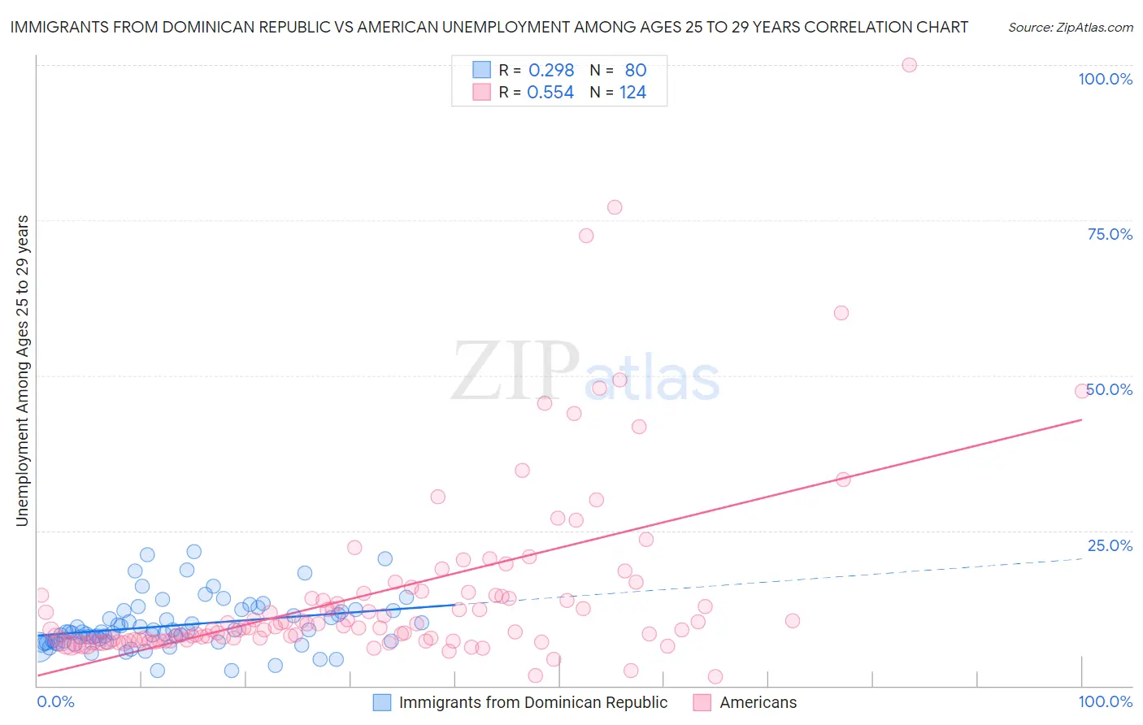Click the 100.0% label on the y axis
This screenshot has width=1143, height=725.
[1105, 79]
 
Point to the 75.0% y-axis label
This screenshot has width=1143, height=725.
[1110, 234]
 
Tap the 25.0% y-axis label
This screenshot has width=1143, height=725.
[1110, 545]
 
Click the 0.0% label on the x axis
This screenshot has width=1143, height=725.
[55, 701]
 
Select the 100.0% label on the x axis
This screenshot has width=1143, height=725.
[1105, 701]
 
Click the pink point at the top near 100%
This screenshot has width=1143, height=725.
[909, 65]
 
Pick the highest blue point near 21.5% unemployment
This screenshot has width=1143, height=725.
[193, 552]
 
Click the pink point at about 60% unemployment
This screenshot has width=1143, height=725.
[841, 313]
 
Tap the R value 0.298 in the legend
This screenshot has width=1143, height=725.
[551, 70]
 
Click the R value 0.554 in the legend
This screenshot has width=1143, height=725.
[550, 92]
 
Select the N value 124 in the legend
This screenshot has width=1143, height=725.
[632, 92]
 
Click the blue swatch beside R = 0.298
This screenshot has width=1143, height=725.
[481, 70]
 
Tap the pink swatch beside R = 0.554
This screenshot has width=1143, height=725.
[481, 92]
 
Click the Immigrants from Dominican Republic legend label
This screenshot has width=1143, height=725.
[532, 702]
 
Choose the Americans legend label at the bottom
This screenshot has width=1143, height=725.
[758, 702]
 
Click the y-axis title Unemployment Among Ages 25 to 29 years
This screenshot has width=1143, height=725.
[22, 371]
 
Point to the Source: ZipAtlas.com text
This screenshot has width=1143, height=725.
[1070, 27]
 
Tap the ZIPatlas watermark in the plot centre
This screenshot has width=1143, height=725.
[585, 372]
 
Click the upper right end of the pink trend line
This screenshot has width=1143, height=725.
[1081, 419]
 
